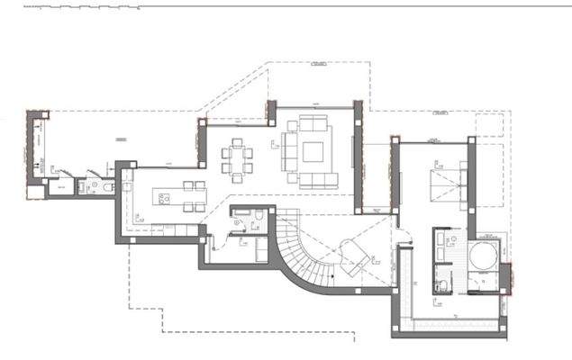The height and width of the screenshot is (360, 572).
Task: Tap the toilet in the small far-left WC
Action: [x=106, y=187]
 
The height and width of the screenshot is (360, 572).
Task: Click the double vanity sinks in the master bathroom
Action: [x=440, y=255]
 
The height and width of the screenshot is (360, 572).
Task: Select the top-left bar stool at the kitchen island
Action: [x=189, y=185]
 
